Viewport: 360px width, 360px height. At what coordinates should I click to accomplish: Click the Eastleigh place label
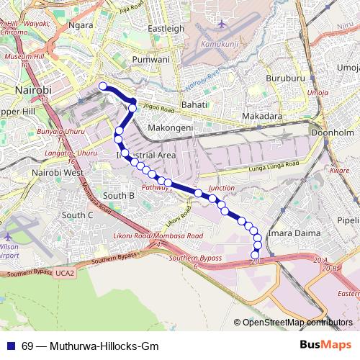tap(166, 28)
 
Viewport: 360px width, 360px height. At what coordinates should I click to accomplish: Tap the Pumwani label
tap(151, 59)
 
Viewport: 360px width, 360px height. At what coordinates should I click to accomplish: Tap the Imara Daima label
tap(288, 234)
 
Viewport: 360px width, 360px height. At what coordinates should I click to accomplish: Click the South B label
tap(119, 195)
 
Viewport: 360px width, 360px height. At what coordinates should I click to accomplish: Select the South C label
tap(77, 215)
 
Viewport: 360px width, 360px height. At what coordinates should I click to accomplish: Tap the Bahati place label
tap(194, 105)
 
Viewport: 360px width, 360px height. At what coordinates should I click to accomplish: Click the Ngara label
tap(80, 25)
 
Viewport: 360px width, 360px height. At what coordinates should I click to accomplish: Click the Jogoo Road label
tap(158, 109)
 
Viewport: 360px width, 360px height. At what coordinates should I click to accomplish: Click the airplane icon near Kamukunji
tap(221, 24)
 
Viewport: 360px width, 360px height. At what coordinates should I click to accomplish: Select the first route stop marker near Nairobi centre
tap(103, 86)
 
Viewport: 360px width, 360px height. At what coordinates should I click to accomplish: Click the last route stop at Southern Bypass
tap(254, 256)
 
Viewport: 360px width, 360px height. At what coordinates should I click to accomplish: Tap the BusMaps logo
tap(327, 346)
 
